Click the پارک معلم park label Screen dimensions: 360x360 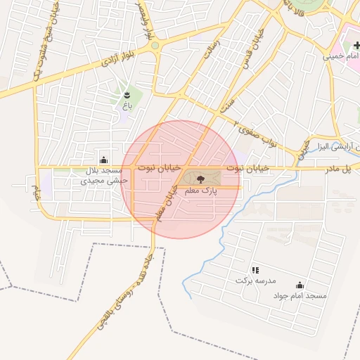(x=200, y=191)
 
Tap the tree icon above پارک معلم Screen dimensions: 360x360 (x=200, y=180)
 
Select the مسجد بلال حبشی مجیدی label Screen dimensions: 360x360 (x=105, y=176)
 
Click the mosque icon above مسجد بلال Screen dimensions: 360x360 (x=104, y=160)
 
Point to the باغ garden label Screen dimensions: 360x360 (x=127, y=105)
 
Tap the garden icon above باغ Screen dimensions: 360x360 (x=127, y=95)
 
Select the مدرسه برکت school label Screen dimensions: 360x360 (x=252, y=281)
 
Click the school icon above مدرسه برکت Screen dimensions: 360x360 (x=255, y=270)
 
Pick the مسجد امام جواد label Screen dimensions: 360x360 (x=300, y=296)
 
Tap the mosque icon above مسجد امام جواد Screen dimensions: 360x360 (x=300, y=285)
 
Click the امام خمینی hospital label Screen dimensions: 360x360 (x=341, y=56)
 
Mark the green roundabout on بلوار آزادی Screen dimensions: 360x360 (x=155, y=46)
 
